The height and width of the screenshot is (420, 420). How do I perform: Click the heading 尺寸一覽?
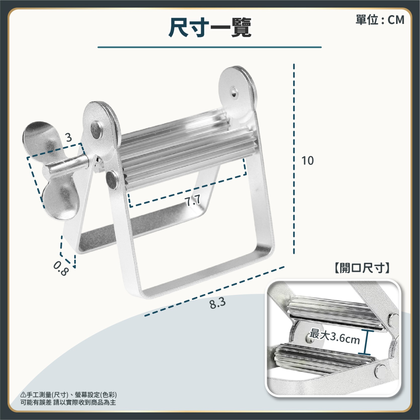(210, 27)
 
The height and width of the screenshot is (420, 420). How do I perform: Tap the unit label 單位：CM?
(380, 20)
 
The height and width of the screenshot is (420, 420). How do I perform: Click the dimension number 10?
(307, 161)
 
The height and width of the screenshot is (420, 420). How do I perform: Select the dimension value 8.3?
(218, 304)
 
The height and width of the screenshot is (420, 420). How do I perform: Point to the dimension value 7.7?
(193, 200)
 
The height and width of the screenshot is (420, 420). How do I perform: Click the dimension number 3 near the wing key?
(69, 137)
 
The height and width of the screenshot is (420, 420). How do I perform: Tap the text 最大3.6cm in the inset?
(335, 337)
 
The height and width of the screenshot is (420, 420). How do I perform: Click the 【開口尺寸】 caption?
(362, 268)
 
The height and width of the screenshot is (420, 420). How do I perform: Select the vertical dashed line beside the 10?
(294, 159)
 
